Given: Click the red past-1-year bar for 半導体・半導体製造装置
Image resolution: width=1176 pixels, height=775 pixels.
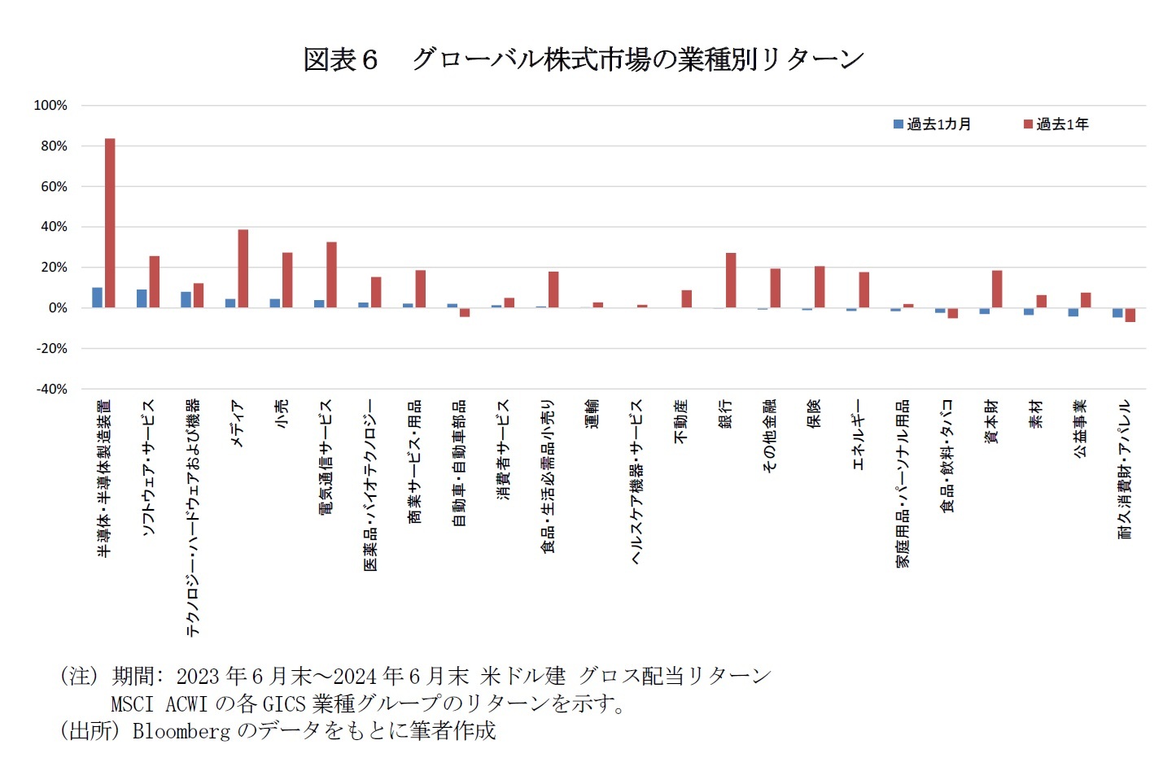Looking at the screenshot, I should coord(110,223).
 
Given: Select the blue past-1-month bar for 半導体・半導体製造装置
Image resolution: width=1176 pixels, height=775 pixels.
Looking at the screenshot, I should coord(97,298).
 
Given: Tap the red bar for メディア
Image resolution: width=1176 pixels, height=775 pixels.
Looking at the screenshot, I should coord(243,268).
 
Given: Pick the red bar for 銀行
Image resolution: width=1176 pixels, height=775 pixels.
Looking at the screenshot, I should coord(731,281).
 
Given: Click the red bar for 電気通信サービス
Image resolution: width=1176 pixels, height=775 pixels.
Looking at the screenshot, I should coord(331,275).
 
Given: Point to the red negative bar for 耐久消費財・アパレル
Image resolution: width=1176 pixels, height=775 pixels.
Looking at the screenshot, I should coord(1130,315).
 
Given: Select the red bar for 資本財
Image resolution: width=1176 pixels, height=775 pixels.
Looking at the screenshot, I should coord(997,289).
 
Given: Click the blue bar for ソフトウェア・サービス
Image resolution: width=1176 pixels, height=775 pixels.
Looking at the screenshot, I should coord(142,298).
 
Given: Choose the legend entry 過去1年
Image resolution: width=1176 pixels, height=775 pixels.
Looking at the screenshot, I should coord(1056,124).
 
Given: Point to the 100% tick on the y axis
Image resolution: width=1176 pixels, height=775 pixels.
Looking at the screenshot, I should coord(50,106).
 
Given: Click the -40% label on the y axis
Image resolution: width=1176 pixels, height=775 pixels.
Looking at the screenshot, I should coord(51,390).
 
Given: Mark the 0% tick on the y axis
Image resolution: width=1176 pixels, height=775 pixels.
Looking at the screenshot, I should coord(57,308).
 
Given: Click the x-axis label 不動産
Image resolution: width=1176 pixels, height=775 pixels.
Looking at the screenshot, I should coord(680,421).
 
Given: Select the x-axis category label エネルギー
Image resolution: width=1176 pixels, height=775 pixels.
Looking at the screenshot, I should coord(858,434).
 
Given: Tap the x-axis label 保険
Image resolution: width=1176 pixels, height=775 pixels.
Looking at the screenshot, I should coord(814,413).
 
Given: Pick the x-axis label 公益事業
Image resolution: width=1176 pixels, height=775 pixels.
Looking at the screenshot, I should coord(1080,429).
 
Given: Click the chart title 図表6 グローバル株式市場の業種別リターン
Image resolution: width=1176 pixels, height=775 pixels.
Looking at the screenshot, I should coord(583,59).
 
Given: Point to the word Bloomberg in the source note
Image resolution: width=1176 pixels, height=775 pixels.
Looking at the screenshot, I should coord(181,731).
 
